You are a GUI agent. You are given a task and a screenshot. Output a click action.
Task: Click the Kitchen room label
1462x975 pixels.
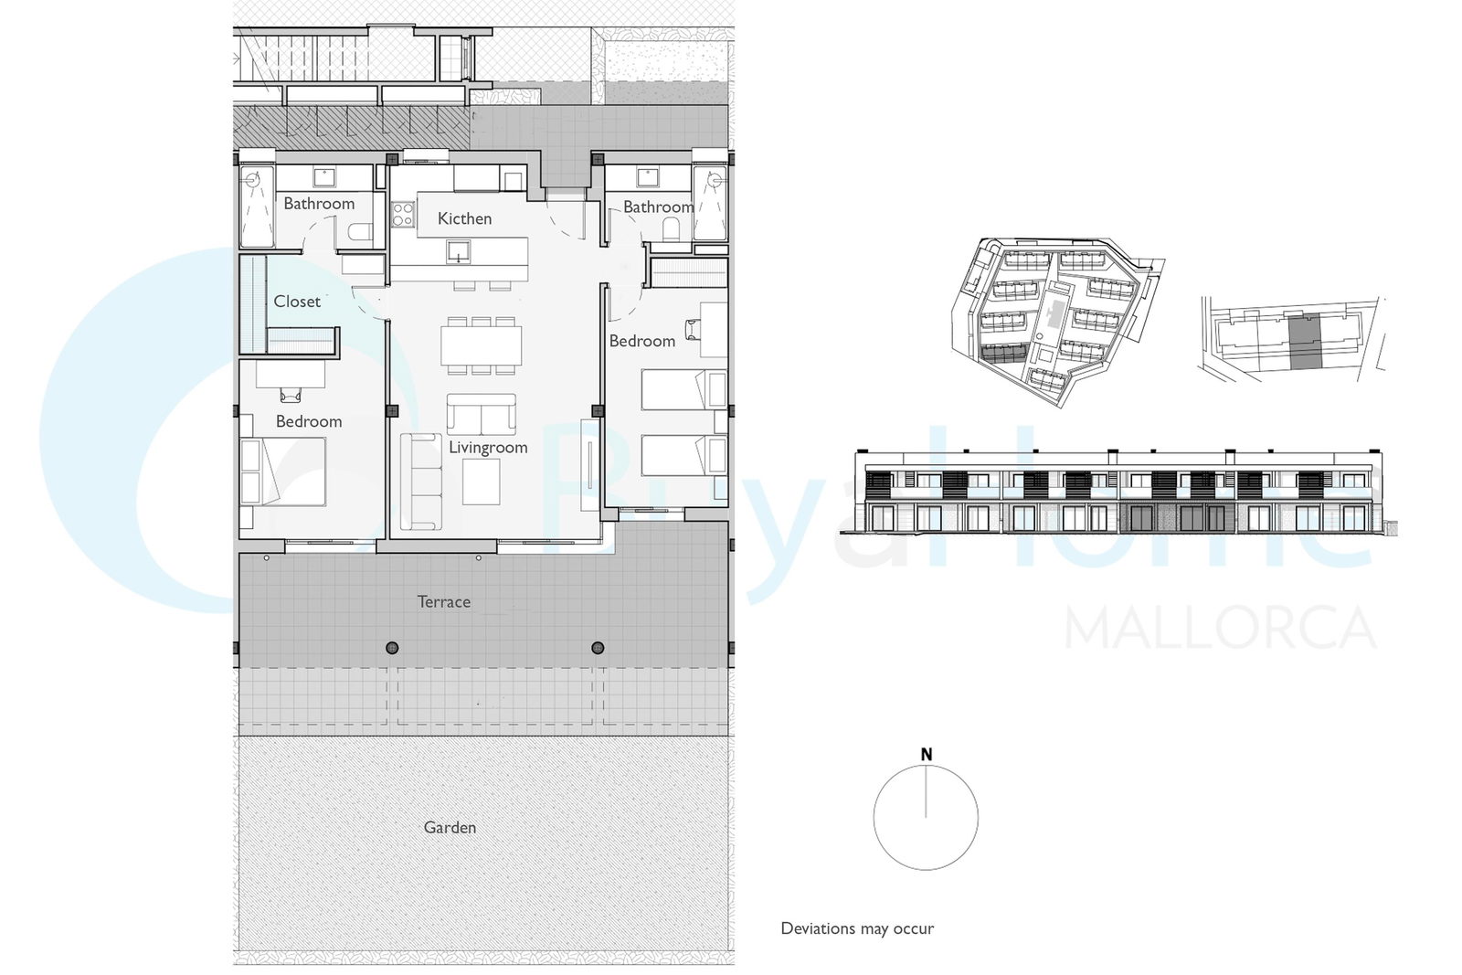click(464, 218)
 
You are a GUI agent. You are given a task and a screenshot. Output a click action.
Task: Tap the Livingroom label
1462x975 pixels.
click(488, 448)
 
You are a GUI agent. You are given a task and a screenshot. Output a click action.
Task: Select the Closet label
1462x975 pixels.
click(297, 302)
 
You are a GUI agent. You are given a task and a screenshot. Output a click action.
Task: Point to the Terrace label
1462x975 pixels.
click(444, 601)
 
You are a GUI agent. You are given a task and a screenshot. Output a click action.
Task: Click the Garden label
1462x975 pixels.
click(450, 828)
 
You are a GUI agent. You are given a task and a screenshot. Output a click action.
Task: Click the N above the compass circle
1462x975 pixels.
click(927, 755)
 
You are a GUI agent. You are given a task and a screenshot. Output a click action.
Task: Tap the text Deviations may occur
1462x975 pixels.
click(857, 928)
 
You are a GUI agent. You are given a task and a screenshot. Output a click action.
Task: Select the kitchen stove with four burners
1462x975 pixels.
click(403, 214)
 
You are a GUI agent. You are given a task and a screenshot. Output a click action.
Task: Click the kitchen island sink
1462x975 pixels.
click(458, 251)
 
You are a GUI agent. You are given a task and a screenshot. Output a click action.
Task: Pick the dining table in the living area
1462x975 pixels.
click(481, 345)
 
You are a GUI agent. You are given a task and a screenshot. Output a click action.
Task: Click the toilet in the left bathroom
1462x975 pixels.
click(360, 232)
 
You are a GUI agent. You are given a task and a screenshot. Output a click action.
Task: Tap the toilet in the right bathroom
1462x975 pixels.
click(671, 229)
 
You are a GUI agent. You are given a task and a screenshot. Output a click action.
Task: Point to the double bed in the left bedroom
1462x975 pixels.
click(282, 472)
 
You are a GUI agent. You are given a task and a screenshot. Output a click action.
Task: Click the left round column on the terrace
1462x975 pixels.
click(392, 647)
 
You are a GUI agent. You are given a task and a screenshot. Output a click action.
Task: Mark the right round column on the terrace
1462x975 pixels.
click(598, 647)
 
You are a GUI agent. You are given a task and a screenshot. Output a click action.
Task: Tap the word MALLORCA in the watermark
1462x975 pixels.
click(1221, 628)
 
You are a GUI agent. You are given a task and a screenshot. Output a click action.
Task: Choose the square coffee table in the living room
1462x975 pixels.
click(482, 482)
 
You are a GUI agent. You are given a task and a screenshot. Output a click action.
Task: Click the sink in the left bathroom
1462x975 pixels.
click(323, 177)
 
